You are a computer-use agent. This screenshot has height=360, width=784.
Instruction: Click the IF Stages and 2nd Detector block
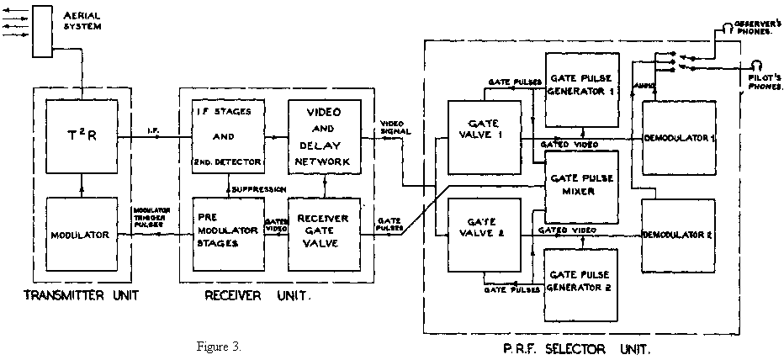click(227, 135)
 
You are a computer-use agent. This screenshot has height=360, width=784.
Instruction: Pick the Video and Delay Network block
click(324, 135)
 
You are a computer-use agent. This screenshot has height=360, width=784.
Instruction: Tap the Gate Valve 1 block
click(483, 136)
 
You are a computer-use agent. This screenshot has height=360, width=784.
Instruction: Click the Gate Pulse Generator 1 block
click(581, 87)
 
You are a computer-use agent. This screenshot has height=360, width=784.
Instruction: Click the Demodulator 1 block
click(678, 137)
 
